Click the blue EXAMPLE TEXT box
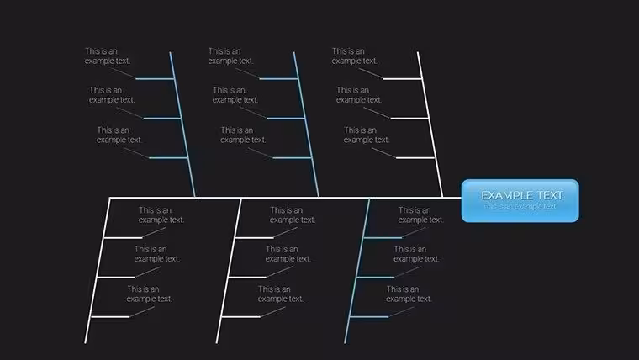pos(520,200)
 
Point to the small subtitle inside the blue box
pos(520,206)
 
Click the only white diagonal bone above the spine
pos(430,124)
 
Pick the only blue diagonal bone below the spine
pos(357,271)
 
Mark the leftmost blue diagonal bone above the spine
pos(182,124)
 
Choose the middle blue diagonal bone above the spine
pos(306,124)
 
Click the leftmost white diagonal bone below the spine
pos(98,271)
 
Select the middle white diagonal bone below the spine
pos(229,271)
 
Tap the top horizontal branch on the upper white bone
pos(402,79)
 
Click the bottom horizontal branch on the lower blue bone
pos(369,317)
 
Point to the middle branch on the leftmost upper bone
pos(162,119)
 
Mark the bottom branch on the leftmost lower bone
pos(110,317)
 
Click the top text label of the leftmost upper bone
pos(107,56)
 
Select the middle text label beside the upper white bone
pos(359,95)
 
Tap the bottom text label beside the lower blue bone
pos(409,294)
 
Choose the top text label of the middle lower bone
pos(293,214)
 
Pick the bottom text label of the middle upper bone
pos(243,135)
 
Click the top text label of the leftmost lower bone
pos(161,214)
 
